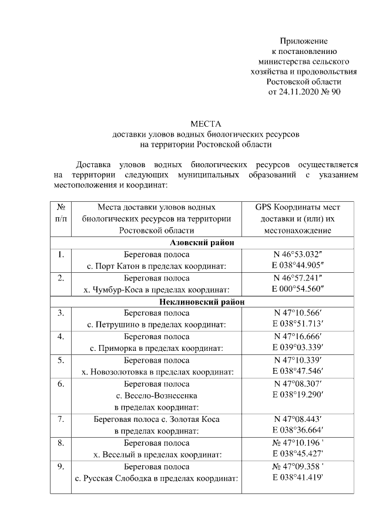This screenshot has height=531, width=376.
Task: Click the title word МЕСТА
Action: pyautogui.click(x=204, y=124)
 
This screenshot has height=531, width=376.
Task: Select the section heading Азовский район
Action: pyautogui.click(x=203, y=243)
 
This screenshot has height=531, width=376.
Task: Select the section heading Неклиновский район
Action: pyautogui.click(x=203, y=302)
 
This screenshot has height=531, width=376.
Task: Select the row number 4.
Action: pyautogui.click(x=61, y=337)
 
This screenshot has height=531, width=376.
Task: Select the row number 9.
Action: pyautogui.click(x=61, y=467)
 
